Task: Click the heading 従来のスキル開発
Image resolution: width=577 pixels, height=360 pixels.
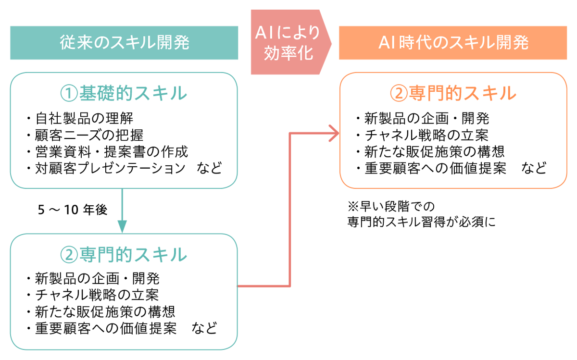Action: pos(125,43)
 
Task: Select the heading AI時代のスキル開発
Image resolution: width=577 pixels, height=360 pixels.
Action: pos(453,43)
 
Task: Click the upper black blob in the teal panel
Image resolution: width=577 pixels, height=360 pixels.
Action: pos(120,139)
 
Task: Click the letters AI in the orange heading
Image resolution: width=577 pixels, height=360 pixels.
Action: pos(386,43)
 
